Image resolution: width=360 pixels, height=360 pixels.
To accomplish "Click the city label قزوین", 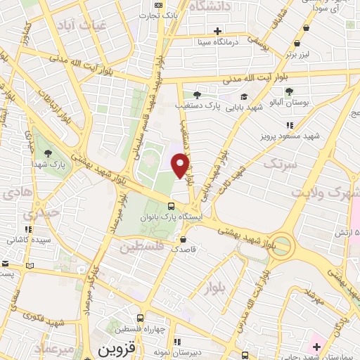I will pos(114,349).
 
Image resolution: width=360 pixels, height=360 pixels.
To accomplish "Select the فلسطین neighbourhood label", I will pos(141,247).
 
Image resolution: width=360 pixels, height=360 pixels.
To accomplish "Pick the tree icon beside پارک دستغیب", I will pos(199,95).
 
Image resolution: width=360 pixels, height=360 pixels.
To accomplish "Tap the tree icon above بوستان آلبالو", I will pos(289,91).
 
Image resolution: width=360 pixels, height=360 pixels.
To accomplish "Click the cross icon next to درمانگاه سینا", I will pos(218,31).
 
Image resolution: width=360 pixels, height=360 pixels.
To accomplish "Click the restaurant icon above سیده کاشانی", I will pos(29,229).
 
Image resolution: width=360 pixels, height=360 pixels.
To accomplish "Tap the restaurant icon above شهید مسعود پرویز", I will pos(290,124).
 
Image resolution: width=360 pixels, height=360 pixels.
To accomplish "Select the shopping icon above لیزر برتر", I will pos(307,44).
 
